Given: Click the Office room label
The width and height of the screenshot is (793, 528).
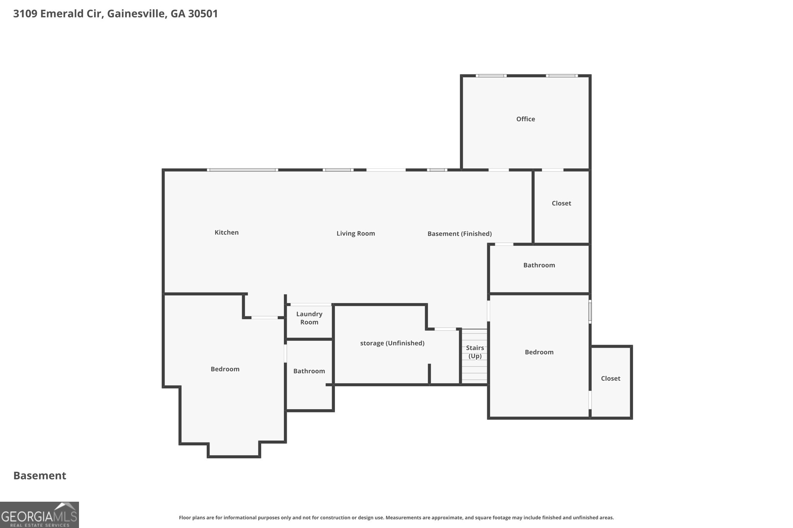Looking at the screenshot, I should tap(525, 119).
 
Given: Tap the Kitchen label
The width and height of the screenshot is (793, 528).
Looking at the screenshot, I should tap(227, 232).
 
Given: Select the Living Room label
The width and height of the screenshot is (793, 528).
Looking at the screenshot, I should tap(355, 233).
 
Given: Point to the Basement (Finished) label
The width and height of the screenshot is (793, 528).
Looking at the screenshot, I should tap(459, 234).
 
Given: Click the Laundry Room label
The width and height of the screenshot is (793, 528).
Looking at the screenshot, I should tap(309, 318).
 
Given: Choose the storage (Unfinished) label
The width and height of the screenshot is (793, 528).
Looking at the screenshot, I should tap(392, 343).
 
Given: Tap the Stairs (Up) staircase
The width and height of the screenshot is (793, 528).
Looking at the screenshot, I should tap(475, 356).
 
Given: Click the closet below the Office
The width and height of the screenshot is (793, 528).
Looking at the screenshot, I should tap(561, 203).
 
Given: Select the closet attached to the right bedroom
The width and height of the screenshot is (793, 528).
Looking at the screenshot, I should tap(610, 379).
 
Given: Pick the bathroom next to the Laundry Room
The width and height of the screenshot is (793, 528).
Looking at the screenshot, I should tap(309, 371).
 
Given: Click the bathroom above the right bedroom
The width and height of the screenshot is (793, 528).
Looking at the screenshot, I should tap(539, 265).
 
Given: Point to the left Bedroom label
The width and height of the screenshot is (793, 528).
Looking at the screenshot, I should tap(225, 369).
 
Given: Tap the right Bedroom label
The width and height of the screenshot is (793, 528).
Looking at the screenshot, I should tap(539, 352).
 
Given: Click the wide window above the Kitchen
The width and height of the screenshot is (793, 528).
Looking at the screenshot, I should tap(242, 170).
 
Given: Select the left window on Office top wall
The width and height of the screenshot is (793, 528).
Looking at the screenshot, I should tap(491, 76).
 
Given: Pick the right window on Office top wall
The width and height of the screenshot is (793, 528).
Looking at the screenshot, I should tap(561, 76).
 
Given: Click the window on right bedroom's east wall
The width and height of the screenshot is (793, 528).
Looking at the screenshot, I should tap(590, 311).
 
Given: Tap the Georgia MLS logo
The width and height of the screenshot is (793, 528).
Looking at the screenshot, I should tap(39, 515).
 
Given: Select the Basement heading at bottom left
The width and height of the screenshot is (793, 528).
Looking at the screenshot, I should tap(40, 475).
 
